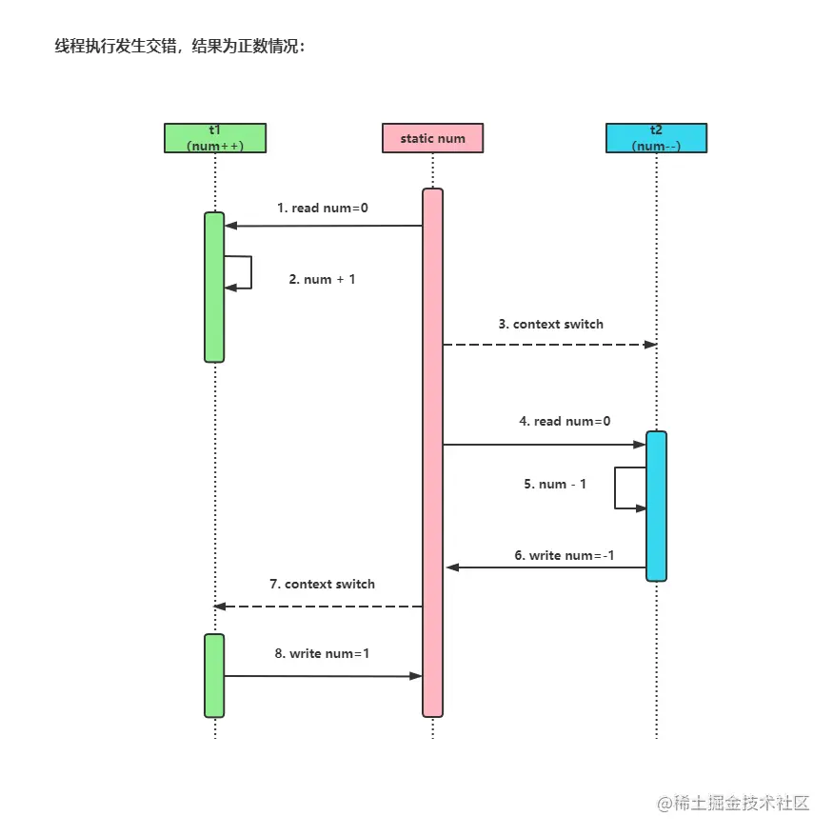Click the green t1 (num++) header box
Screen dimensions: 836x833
[x=214, y=138]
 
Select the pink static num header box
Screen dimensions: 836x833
[x=432, y=138]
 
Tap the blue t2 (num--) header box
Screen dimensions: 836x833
[x=656, y=138]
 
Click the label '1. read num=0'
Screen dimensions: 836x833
[x=322, y=208]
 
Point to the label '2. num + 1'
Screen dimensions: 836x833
[x=322, y=279]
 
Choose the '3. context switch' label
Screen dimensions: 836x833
[x=550, y=324]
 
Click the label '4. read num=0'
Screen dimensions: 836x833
[x=565, y=420]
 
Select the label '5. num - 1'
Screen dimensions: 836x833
[x=555, y=484]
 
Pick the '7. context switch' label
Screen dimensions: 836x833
[x=322, y=584]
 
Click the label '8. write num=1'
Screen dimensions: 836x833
[x=322, y=654]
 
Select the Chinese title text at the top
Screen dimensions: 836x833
[x=180, y=46]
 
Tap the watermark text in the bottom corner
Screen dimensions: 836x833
[x=732, y=803]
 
